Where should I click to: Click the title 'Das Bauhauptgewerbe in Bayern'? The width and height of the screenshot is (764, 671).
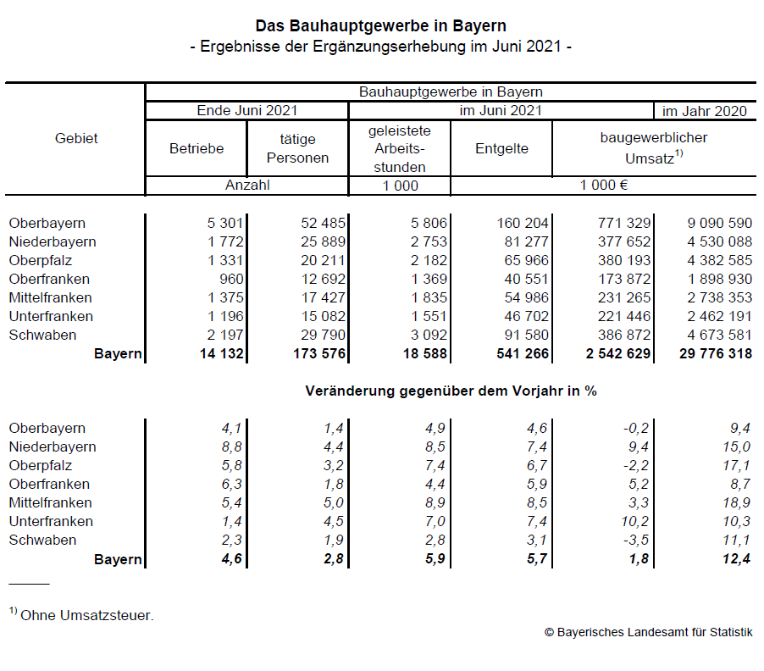381,26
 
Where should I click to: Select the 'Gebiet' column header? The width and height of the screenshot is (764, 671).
76,138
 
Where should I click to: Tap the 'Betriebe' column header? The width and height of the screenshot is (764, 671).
197,148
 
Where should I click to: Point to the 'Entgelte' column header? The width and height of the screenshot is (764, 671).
501,148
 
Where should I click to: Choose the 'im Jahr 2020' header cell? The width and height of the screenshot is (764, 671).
704,111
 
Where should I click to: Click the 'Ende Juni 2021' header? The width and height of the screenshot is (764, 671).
247,111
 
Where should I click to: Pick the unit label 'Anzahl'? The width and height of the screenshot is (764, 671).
247,186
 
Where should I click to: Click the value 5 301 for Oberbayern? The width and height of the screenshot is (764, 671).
224,224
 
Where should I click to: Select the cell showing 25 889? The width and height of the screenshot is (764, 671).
323,242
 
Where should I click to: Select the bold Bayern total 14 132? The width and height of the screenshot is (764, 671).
219,354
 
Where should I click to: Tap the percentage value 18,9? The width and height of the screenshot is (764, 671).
736,503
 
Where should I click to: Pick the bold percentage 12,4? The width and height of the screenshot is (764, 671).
736,559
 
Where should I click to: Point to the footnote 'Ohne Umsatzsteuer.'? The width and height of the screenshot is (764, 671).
86,616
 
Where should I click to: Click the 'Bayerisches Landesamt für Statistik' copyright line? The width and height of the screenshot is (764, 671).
648,632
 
